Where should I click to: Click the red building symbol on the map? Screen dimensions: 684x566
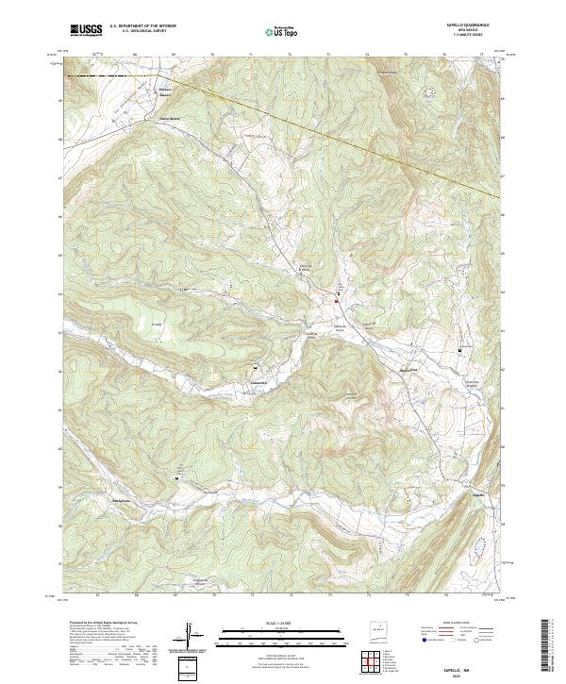coord(337,301)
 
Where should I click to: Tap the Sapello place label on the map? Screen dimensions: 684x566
coord(477,493)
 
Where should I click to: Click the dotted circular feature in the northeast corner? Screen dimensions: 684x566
coord(430,92)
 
